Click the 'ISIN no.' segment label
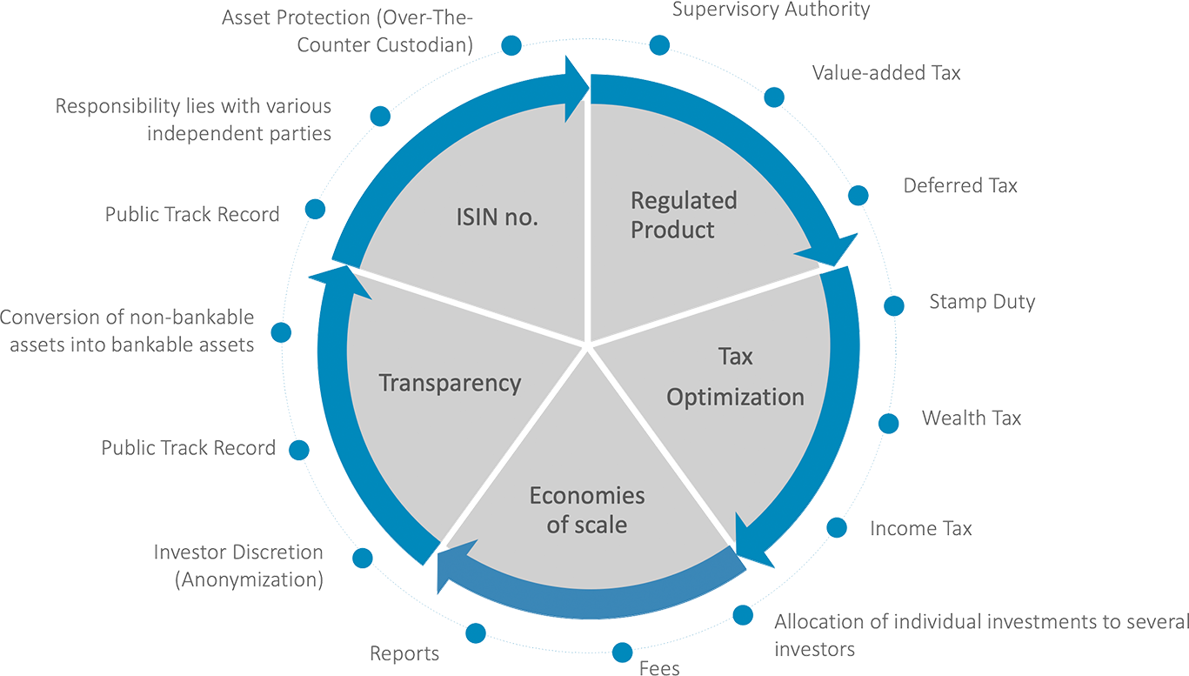click(498, 218)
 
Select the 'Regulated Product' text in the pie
click(684, 215)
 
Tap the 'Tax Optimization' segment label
click(735, 377)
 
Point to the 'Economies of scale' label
click(587, 510)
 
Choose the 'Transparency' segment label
click(450, 384)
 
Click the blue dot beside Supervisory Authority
click(659, 45)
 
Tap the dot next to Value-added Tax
click(774, 97)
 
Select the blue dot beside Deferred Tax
click(858, 196)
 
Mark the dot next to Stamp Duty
click(894, 306)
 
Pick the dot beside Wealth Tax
click(889, 423)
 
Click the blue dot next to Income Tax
click(837, 528)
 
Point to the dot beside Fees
click(622, 653)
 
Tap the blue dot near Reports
click(476, 633)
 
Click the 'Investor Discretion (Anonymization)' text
click(238, 566)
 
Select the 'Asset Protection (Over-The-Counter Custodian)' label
click(347, 31)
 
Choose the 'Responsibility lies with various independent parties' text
click(193, 119)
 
